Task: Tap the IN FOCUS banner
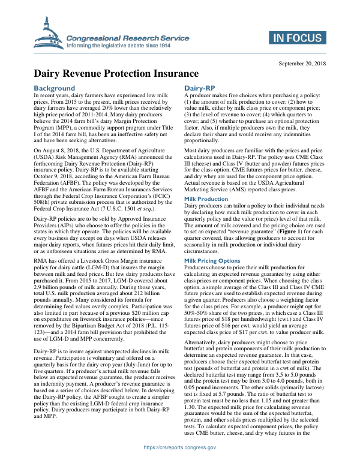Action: (296, 38)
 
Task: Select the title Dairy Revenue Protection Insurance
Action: (116, 74)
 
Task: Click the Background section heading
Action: (55, 88)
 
